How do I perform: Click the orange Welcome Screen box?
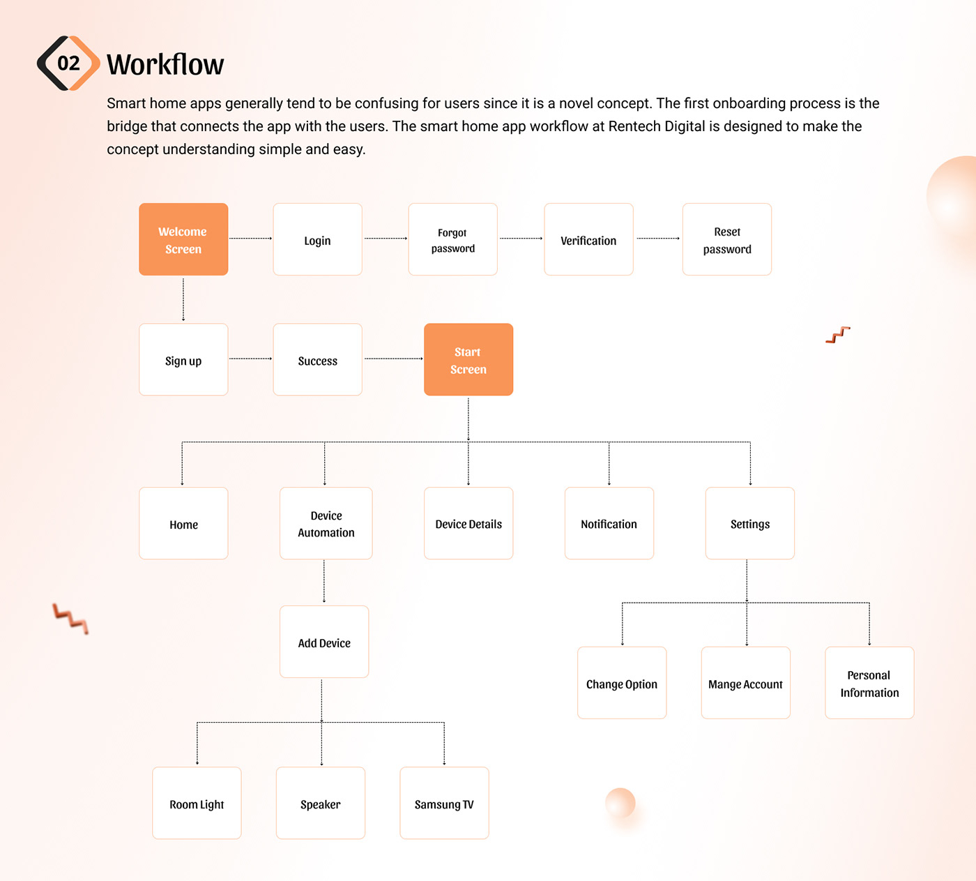[183, 239]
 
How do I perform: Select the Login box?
[317, 239]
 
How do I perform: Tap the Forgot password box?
[452, 239]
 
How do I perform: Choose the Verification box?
[588, 239]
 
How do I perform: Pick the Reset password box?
[726, 239]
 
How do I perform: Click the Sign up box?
[183, 360]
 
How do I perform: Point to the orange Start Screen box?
[468, 360]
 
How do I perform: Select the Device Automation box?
[326, 523]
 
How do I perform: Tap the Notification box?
[609, 523]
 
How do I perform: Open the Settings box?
[749, 523]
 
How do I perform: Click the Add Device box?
[324, 642]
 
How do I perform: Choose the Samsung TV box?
[444, 804]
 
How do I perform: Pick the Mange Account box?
[745, 683]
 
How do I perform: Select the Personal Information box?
[869, 683]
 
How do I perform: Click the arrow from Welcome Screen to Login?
[250, 239]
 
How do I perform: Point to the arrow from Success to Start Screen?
[393, 359]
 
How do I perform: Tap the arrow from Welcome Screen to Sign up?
[183, 299]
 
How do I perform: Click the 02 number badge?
[68, 63]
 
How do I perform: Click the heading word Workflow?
[165, 65]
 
